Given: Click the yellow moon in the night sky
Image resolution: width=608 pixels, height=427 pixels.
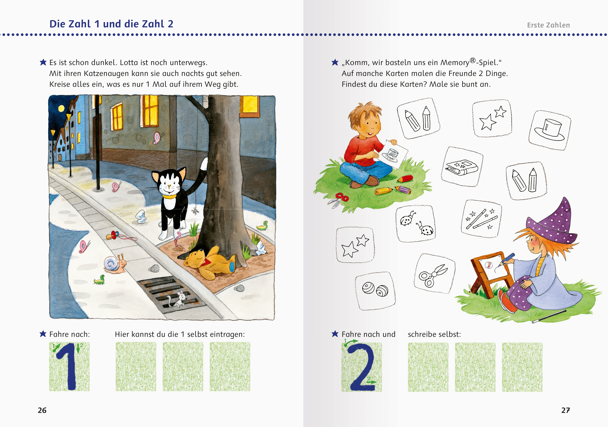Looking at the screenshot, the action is pos(61,108).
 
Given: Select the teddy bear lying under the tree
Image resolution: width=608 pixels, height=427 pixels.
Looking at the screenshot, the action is pos(209,263).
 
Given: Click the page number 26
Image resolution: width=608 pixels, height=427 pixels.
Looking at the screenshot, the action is pos(42,410).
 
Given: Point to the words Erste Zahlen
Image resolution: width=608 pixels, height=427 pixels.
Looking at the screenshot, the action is pos(548,25).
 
